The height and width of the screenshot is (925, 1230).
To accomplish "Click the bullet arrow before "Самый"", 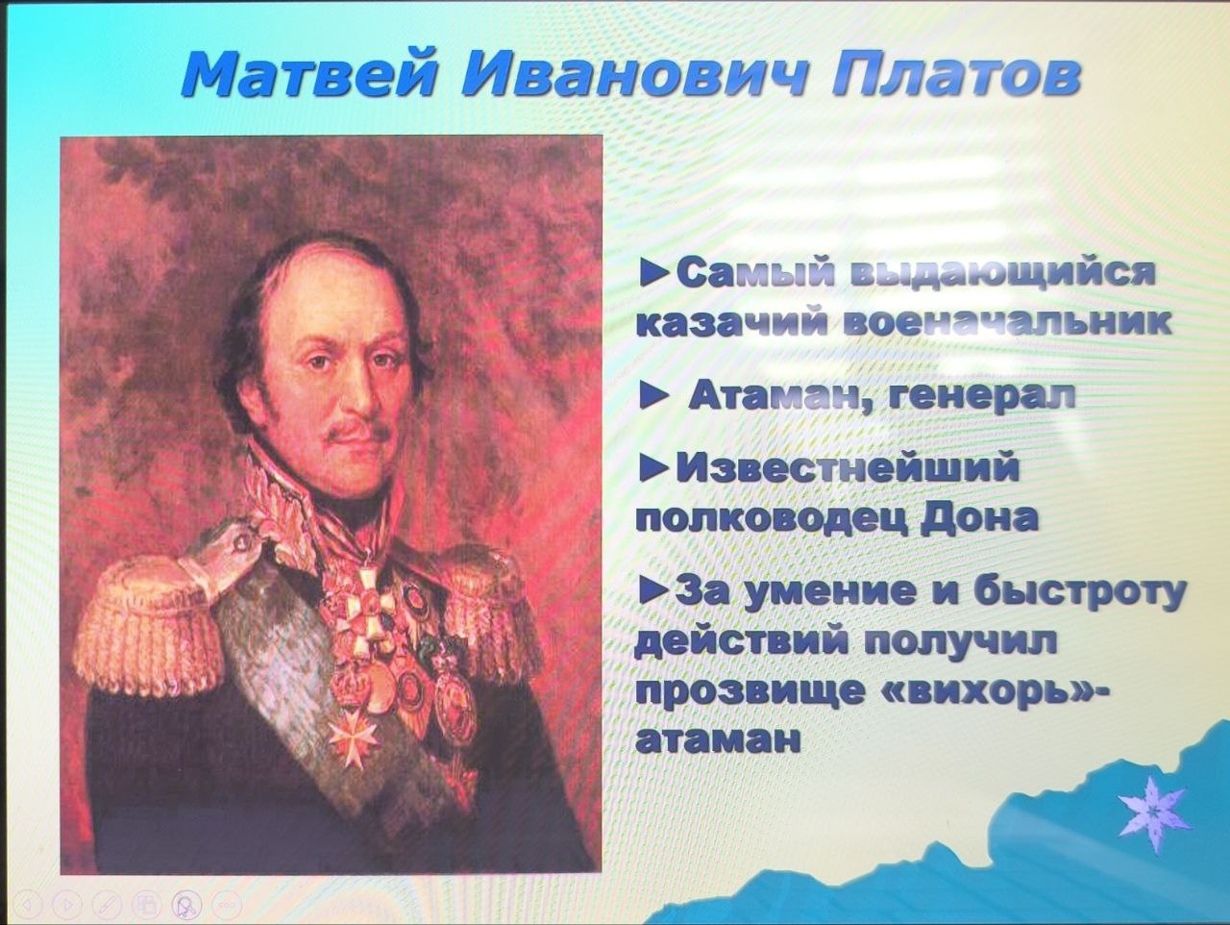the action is pyautogui.click(x=655, y=274).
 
